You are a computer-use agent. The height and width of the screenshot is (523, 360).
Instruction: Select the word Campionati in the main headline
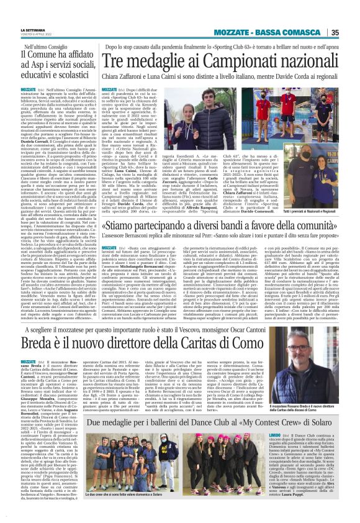(x=220, y=61)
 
